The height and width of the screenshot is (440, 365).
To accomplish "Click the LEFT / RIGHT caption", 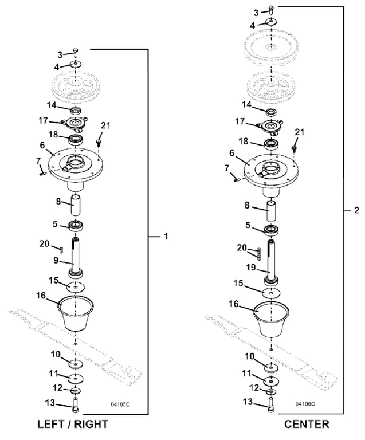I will point(72,425).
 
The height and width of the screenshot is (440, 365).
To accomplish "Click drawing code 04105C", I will point(120,404).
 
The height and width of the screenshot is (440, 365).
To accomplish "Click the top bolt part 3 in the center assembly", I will point(271,9).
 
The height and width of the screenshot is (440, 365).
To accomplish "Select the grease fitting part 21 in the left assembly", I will point(100,140).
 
